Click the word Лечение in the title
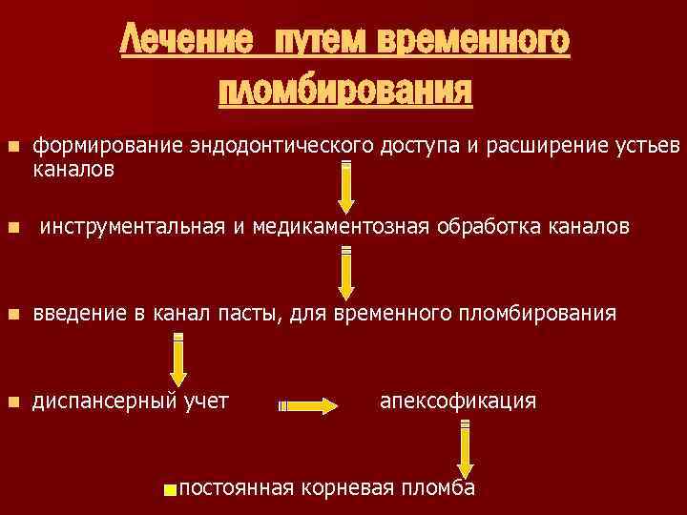(x=187, y=42)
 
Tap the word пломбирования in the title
(x=345, y=92)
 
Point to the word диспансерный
(x=104, y=401)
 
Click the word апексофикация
(x=458, y=400)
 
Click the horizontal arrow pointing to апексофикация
(x=308, y=406)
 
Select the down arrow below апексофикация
(x=465, y=447)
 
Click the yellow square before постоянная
(x=170, y=490)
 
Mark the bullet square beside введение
(x=12, y=314)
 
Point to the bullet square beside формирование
(x=12, y=147)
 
